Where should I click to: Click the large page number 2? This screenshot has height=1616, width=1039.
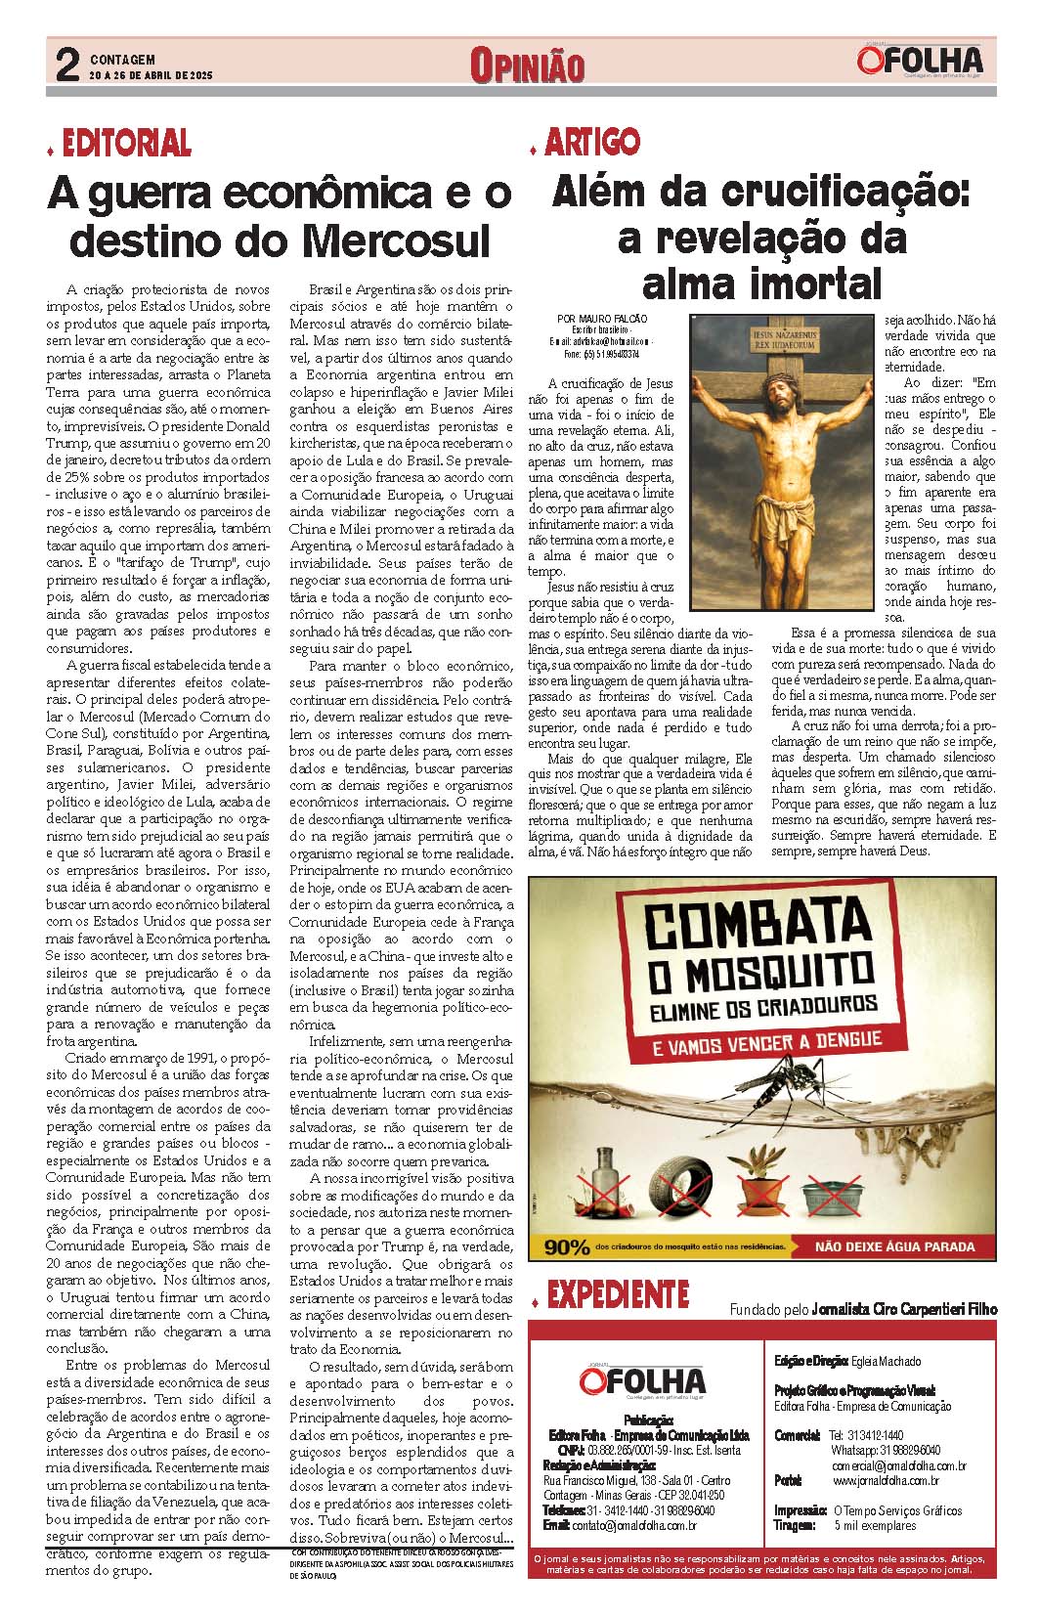click(67, 65)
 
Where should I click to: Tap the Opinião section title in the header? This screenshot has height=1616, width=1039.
click(527, 66)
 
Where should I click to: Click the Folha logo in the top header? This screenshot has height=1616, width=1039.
click(920, 62)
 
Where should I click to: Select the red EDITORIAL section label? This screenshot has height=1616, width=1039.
click(126, 144)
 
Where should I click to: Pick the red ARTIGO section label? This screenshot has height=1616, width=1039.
click(591, 143)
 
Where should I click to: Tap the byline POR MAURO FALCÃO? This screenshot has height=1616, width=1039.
click(601, 319)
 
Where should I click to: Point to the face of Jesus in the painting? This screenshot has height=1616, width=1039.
click(779, 393)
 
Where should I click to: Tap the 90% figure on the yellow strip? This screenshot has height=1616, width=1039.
click(567, 1246)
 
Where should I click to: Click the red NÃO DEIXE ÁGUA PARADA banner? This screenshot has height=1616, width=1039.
click(895, 1246)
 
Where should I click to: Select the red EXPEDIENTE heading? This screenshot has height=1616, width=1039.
click(617, 1295)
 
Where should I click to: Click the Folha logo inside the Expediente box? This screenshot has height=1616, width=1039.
click(642, 1381)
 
